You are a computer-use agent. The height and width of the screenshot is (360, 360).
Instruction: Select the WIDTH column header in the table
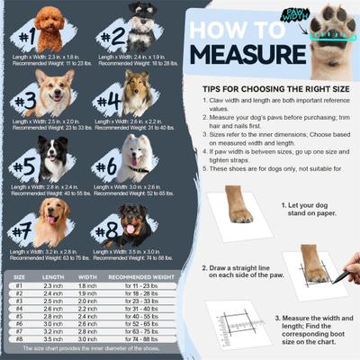pyautogui.click(x=87, y=277)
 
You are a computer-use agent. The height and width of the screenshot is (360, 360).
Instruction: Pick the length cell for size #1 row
pyautogui.click(x=53, y=285)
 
